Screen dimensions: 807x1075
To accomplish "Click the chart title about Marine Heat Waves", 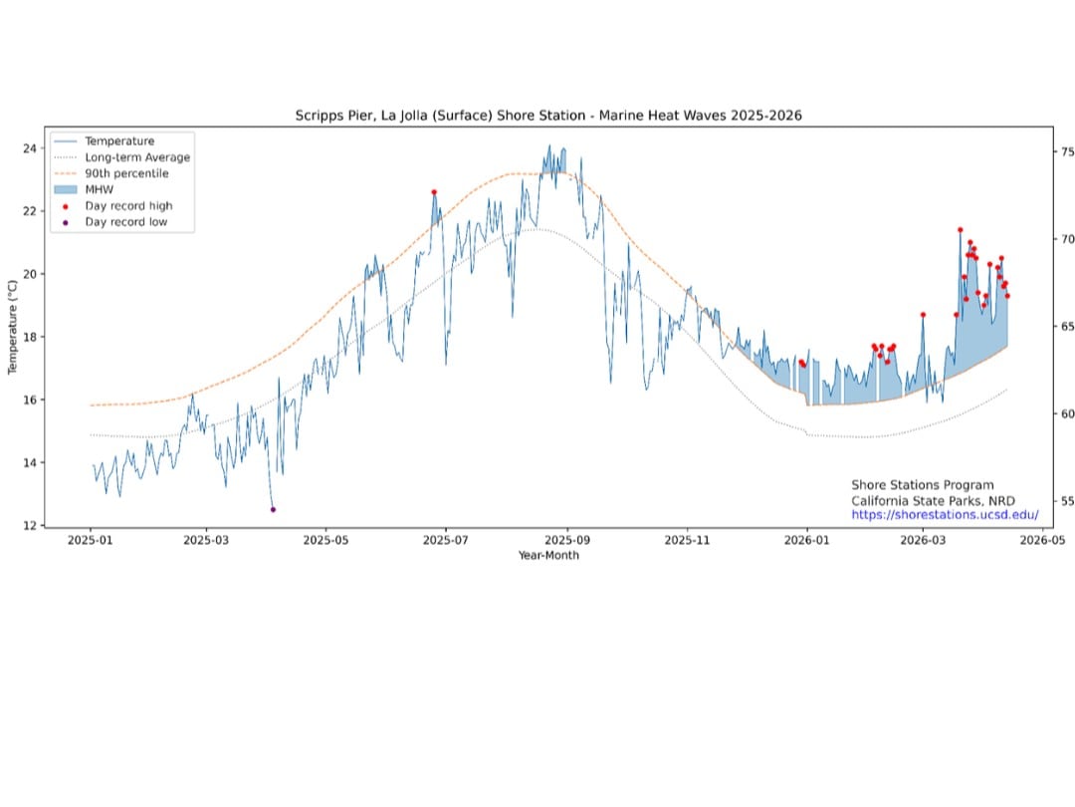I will click(x=548, y=116).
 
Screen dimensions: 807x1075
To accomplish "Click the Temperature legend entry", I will click(x=119, y=141).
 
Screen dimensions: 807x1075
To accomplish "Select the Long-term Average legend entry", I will click(x=137, y=157).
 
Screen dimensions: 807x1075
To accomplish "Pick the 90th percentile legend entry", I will click(x=126, y=173).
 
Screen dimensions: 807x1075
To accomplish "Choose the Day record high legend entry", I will click(x=128, y=206).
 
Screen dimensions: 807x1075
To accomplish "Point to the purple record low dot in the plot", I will click(x=273, y=509).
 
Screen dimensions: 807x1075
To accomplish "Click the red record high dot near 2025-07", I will click(x=434, y=191).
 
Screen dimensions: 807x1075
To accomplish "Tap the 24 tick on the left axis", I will click(x=30, y=148).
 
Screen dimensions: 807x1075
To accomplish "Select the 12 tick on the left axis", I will click(x=30, y=526).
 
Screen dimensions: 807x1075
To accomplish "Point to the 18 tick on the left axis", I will click(x=30, y=337).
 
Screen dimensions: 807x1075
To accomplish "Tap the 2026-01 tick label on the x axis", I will click(x=806, y=540).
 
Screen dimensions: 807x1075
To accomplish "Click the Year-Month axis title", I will click(x=547, y=555).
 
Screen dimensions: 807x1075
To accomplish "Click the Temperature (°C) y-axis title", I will click(x=13, y=328).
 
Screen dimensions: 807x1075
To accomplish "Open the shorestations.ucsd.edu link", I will click(x=945, y=515).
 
